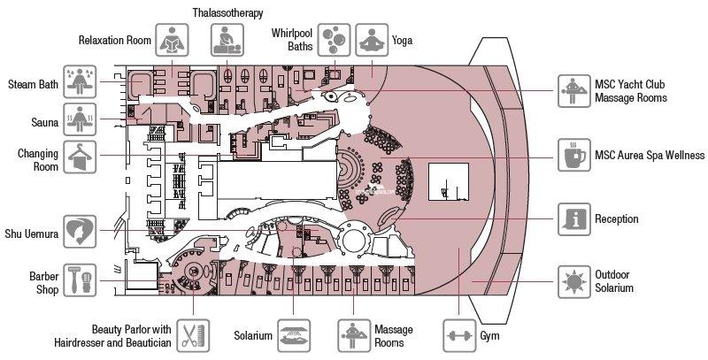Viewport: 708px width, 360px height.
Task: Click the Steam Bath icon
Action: (80, 81)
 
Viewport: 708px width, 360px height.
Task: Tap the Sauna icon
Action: (80, 119)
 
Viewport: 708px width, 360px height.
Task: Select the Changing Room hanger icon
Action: (80, 157)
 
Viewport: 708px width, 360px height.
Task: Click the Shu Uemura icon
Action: (80, 232)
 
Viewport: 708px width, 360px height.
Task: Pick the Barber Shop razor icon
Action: (80, 280)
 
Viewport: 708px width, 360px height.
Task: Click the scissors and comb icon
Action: (193, 335)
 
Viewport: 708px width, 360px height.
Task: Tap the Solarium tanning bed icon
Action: (294, 335)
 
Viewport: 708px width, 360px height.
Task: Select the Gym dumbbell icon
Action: (459, 335)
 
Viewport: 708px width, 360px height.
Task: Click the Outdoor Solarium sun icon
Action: (573, 282)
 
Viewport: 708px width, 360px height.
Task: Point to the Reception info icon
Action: (573, 219)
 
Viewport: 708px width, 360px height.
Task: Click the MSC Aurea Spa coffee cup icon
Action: (573, 155)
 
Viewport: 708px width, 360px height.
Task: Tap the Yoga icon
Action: (372, 40)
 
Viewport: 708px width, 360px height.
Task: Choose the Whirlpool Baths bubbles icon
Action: (334, 40)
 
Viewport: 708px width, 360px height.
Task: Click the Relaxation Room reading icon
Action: (172, 40)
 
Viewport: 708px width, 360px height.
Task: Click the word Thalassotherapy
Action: (227, 12)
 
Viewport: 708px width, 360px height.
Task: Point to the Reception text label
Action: (616, 218)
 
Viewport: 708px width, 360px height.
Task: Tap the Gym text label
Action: (489, 335)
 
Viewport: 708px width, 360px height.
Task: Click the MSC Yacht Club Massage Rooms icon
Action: (573, 91)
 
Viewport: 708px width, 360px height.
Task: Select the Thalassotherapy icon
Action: (227, 40)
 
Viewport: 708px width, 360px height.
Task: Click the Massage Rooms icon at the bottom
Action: (354, 335)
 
